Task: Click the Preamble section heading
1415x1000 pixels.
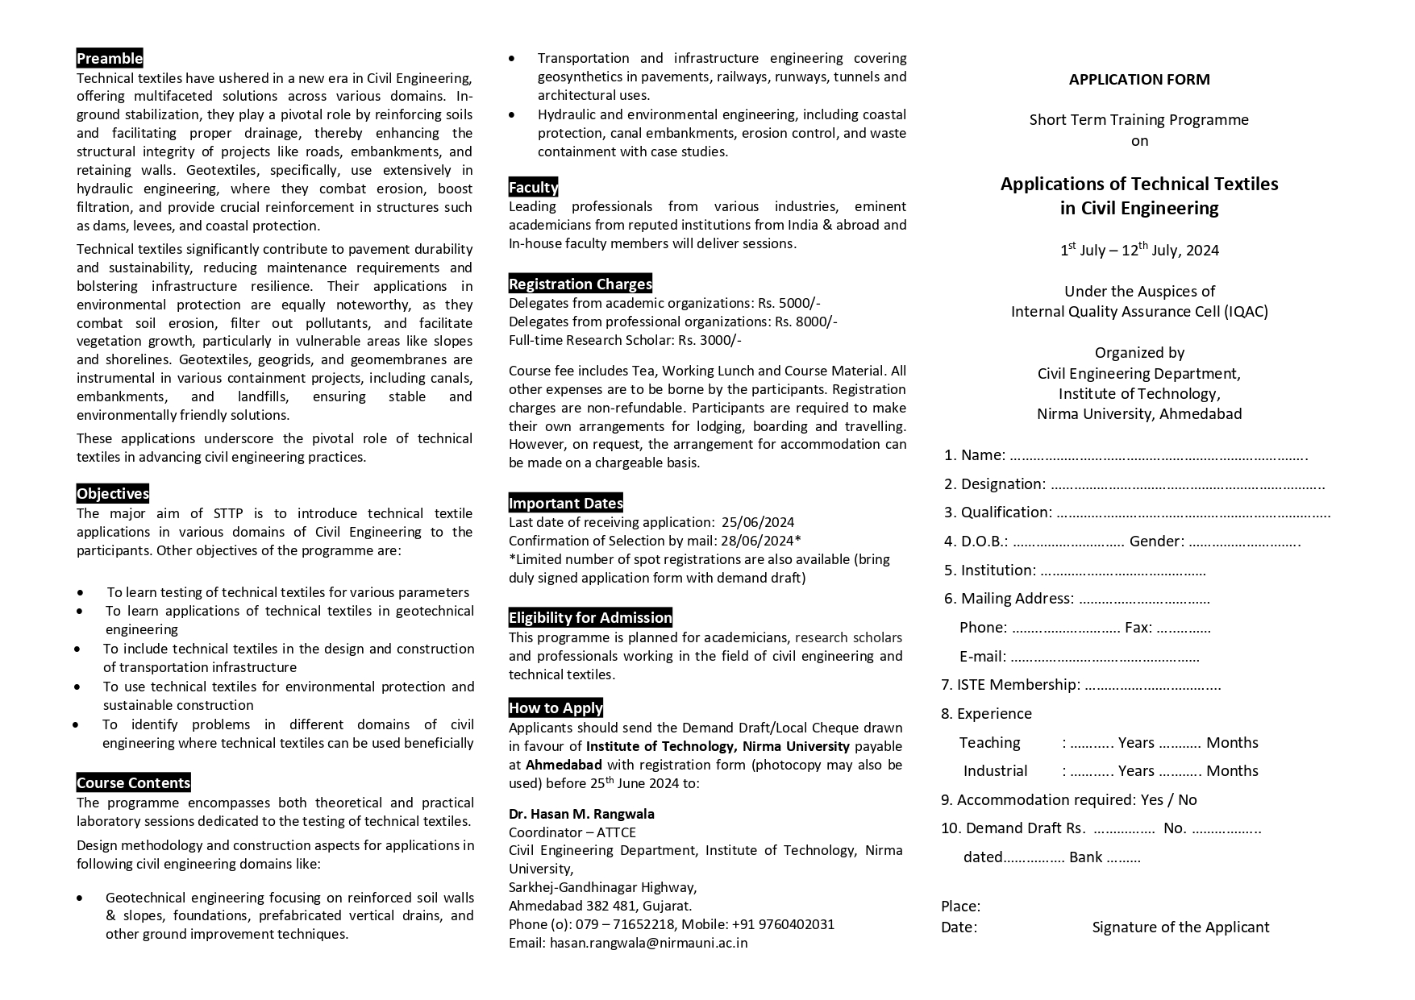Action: pyautogui.click(x=110, y=58)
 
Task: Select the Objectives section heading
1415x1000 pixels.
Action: pyautogui.click(x=113, y=494)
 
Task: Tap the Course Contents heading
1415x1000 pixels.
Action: pyautogui.click(x=134, y=782)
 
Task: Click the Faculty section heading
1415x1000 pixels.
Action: pyautogui.click(x=533, y=187)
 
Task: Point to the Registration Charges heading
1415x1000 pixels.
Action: pyautogui.click(x=581, y=284)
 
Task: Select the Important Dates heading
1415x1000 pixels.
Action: pyautogui.click(x=566, y=503)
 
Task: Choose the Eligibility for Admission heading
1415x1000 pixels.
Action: pyautogui.click(x=590, y=617)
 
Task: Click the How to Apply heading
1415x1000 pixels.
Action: pyautogui.click(x=556, y=707)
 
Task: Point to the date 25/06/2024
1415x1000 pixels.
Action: pyautogui.click(x=758, y=522)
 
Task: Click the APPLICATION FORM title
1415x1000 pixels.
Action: pyautogui.click(x=1139, y=79)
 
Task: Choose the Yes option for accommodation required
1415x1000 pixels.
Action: pyautogui.click(x=1152, y=799)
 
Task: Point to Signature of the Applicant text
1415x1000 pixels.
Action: pyautogui.click(x=1180, y=927)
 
